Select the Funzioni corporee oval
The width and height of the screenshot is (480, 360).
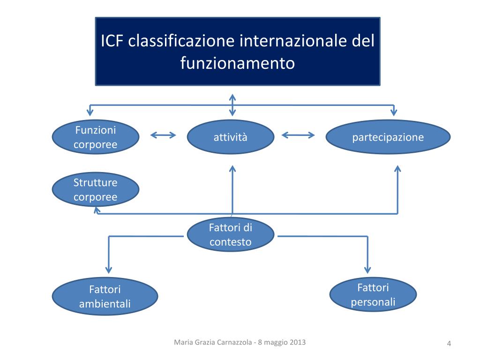(x=95, y=137)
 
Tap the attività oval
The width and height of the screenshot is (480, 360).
(x=230, y=137)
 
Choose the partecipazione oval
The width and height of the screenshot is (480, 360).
(x=388, y=137)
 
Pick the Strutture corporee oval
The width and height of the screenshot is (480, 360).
(x=95, y=190)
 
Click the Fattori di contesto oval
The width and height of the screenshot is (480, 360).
(x=230, y=235)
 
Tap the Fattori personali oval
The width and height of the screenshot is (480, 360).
(x=373, y=294)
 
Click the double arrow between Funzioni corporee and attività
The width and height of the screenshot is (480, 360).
(x=163, y=135)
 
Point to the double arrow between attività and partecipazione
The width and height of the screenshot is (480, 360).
(x=298, y=135)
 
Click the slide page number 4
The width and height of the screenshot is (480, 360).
(x=449, y=345)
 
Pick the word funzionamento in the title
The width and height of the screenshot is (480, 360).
(x=238, y=63)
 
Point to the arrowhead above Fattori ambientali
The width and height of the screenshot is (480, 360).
(x=109, y=270)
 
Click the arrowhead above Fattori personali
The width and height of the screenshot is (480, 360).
(x=367, y=270)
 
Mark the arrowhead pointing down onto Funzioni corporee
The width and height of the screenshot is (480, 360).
(x=90, y=112)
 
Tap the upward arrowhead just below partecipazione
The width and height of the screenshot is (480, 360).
(x=397, y=169)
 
